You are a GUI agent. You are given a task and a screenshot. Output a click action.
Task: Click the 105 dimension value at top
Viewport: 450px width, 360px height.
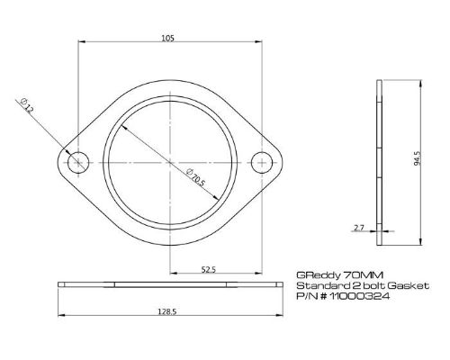coord(169,39)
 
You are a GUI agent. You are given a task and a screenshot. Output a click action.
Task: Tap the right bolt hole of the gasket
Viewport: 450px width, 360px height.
coord(262,162)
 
